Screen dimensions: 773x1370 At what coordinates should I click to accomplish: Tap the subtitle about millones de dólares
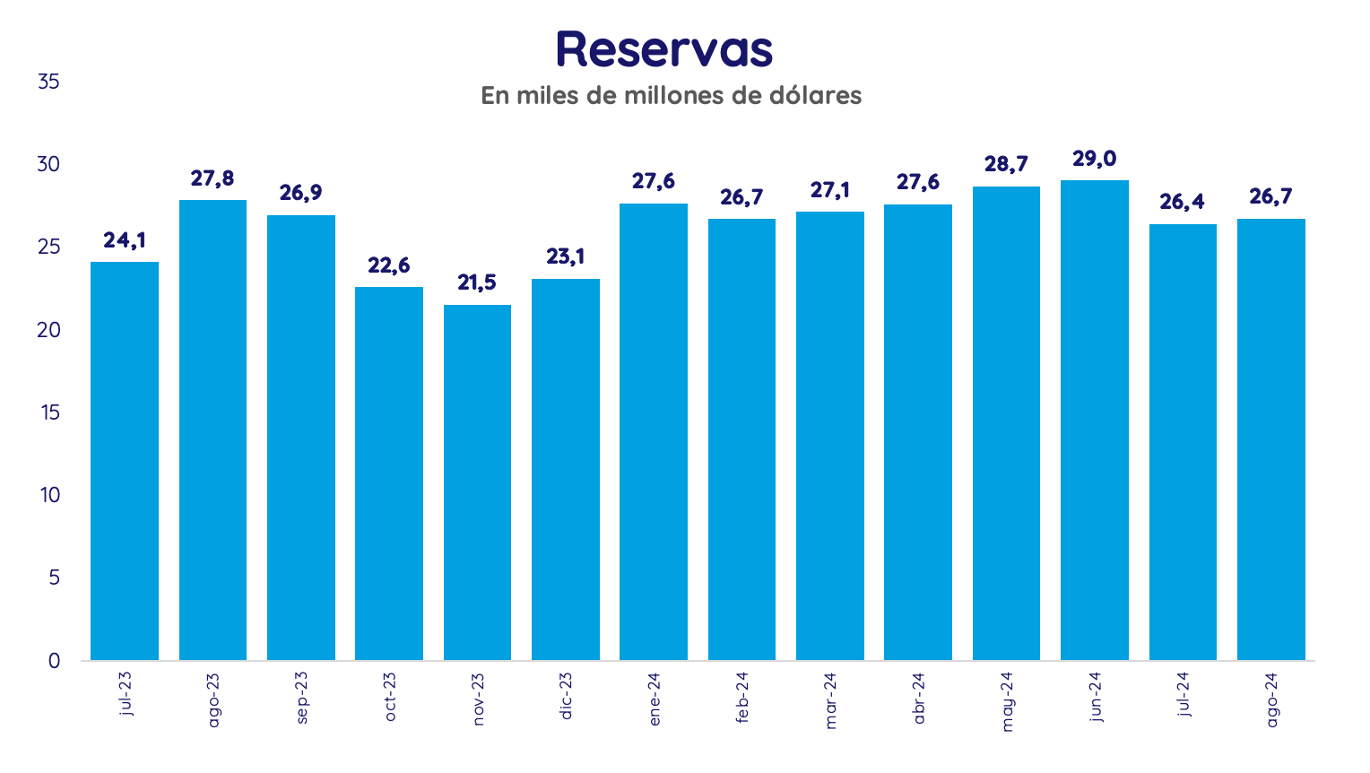click(671, 95)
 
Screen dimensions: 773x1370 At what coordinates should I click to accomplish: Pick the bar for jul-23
click(125, 461)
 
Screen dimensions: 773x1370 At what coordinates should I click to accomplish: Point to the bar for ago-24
click(1270, 439)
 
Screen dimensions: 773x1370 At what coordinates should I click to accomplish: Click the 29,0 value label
click(1094, 159)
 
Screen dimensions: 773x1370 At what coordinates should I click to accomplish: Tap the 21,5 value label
click(477, 283)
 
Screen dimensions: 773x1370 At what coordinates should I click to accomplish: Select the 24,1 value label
click(125, 240)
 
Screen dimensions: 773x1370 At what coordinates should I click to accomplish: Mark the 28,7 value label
click(1006, 165)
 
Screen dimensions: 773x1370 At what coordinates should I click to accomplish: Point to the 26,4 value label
click(1182, 203)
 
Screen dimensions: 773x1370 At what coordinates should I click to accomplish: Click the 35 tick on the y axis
click(48, 82)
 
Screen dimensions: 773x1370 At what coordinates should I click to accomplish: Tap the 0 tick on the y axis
click(54, 661)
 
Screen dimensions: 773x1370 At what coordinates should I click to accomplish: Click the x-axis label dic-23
click(566, 696)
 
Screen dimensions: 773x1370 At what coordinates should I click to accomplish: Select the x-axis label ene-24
click(654, 699)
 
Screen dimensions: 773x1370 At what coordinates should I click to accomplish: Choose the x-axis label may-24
click(1006, 701)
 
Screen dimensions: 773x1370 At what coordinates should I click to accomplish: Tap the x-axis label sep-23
click(301, 698)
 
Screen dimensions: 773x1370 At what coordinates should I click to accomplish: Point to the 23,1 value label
click(566, 257)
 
